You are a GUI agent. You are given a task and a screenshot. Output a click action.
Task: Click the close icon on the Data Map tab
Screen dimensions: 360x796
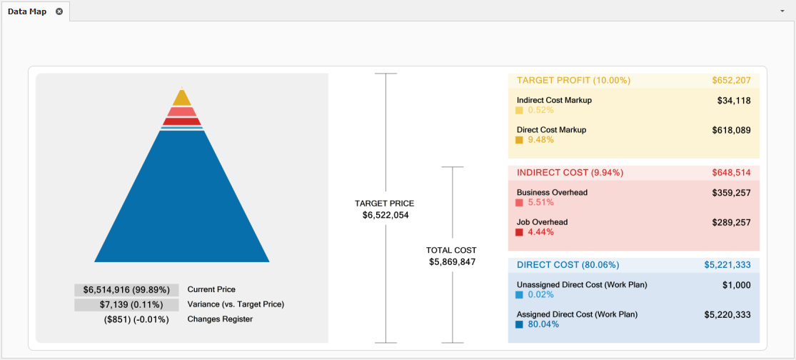(x=59, y=11)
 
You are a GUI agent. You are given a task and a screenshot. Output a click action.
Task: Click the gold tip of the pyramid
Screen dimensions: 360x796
(x=182, y=97)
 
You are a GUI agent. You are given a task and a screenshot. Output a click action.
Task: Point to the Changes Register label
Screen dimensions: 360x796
(x=220, y=319)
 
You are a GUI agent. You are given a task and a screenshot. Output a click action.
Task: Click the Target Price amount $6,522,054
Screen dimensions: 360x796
(x=386, y=215)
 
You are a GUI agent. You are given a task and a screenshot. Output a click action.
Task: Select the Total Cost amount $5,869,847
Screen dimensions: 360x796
(x=453, y=262)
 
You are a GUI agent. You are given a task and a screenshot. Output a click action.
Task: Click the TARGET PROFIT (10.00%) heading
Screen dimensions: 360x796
(x=573, y=81)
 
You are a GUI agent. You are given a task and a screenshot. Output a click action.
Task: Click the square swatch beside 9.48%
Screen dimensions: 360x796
(x=520, y=140)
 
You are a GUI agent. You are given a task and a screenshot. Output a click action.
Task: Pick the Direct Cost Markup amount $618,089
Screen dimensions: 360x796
(x=731, y=131)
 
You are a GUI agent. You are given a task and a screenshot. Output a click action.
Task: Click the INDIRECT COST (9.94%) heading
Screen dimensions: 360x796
(x=570, y=173)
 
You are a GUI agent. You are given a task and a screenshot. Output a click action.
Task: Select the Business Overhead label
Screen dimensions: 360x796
(x=552, y=192)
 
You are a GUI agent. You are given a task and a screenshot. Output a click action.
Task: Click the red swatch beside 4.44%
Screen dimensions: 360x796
(x=520, y=232)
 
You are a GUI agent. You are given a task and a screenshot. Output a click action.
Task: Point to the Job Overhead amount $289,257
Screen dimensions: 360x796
(x=731, y=223)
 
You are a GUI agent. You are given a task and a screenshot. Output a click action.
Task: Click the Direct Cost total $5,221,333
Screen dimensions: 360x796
(x=727, y=265)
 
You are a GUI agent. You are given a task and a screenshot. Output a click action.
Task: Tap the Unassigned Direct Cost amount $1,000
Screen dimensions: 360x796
(x=737, y=285)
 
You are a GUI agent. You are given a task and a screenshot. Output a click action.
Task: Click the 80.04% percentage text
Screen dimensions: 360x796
(x=543, y=324)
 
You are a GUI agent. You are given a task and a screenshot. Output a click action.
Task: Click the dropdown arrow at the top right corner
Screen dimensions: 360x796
(x=782, y=11)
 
